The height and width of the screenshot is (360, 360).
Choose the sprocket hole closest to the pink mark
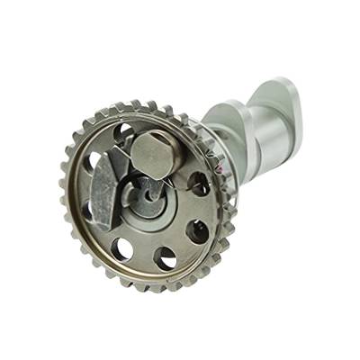(198, 184)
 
